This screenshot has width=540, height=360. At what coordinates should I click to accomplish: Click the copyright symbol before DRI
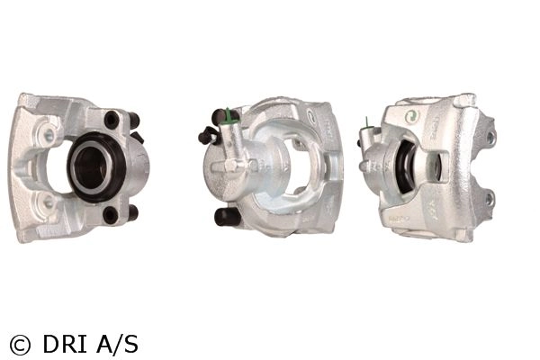click(20, 345)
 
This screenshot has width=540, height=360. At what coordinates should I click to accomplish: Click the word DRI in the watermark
click(65, 344)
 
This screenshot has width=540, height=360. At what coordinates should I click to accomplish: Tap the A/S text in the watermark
click(117, 344)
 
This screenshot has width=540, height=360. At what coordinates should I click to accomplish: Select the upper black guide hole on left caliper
click(112, 120)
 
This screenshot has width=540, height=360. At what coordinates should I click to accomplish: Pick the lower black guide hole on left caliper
click(111, 215)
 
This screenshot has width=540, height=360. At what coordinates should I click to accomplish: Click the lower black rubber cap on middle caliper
click(226, 217)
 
